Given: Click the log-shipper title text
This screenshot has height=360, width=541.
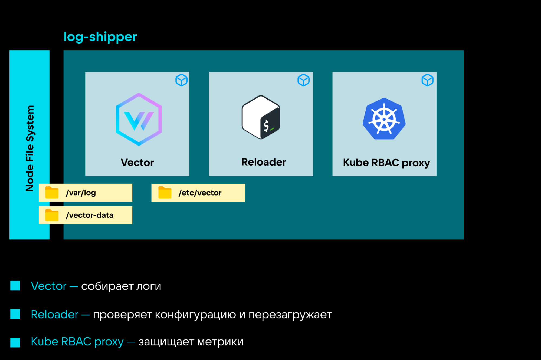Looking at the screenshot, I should [100, 37].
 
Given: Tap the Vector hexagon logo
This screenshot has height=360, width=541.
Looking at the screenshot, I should [139, 119].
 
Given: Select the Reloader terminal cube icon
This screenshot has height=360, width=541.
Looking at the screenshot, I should [261, 117].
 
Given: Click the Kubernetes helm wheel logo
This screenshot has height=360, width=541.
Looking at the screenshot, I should [384, 119].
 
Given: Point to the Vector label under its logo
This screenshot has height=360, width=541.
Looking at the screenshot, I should [137, 163].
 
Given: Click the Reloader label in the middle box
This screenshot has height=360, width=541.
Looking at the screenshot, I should [264, 162].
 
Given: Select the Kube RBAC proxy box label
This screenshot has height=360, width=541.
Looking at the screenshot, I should [386, 163].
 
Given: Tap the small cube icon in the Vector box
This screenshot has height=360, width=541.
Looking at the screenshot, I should [181, 80].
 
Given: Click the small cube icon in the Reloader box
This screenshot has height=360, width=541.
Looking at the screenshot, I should [303, 80].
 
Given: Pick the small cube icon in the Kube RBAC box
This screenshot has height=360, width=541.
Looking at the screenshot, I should [427, 80].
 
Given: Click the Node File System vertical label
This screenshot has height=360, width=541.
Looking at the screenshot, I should [30, 148].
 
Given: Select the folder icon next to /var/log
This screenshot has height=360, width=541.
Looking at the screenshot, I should [52, 193].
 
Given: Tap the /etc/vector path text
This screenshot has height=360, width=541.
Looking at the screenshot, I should [200, 193].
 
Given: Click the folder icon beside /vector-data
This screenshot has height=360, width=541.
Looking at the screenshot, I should [52, 215].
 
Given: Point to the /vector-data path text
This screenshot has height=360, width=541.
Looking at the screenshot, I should [90, 215].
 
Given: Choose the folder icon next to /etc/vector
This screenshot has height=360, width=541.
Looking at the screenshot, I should [165, 193].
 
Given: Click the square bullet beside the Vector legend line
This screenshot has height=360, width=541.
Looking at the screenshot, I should [15, 286].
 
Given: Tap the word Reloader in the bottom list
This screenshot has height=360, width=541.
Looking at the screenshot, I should [55, 315].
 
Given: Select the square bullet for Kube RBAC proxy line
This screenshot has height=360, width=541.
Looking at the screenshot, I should [15, 342].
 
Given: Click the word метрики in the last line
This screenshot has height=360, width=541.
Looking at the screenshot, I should [220, 342].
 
